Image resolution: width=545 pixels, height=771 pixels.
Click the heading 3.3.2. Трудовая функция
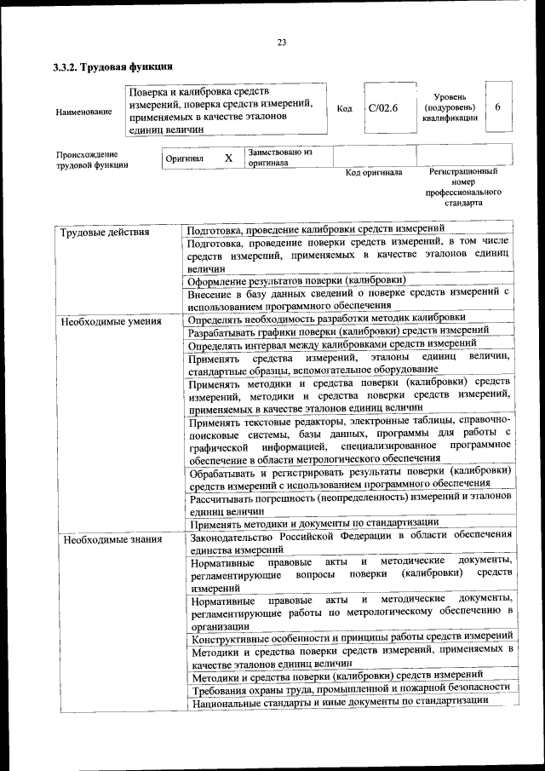pos(112,66)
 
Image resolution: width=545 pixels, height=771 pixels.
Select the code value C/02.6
pos(383,108)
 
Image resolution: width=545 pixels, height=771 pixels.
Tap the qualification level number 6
pos(497,107)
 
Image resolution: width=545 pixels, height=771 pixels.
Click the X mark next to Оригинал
pos(227,158)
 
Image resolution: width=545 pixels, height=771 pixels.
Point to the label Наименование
pos(83,111)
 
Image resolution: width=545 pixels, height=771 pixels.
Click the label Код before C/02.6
pos(344,108)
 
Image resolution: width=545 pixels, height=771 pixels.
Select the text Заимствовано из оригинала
pos(280,157)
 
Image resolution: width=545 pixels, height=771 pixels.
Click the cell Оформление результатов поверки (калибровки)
pos(295,279)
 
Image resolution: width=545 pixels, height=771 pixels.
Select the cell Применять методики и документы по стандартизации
pos(313,521)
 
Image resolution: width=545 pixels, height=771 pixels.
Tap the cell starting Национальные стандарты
pos(339,701)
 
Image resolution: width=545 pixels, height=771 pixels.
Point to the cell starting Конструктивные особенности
pos(351,637)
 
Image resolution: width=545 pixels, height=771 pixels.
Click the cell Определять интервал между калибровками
pos(332,343)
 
